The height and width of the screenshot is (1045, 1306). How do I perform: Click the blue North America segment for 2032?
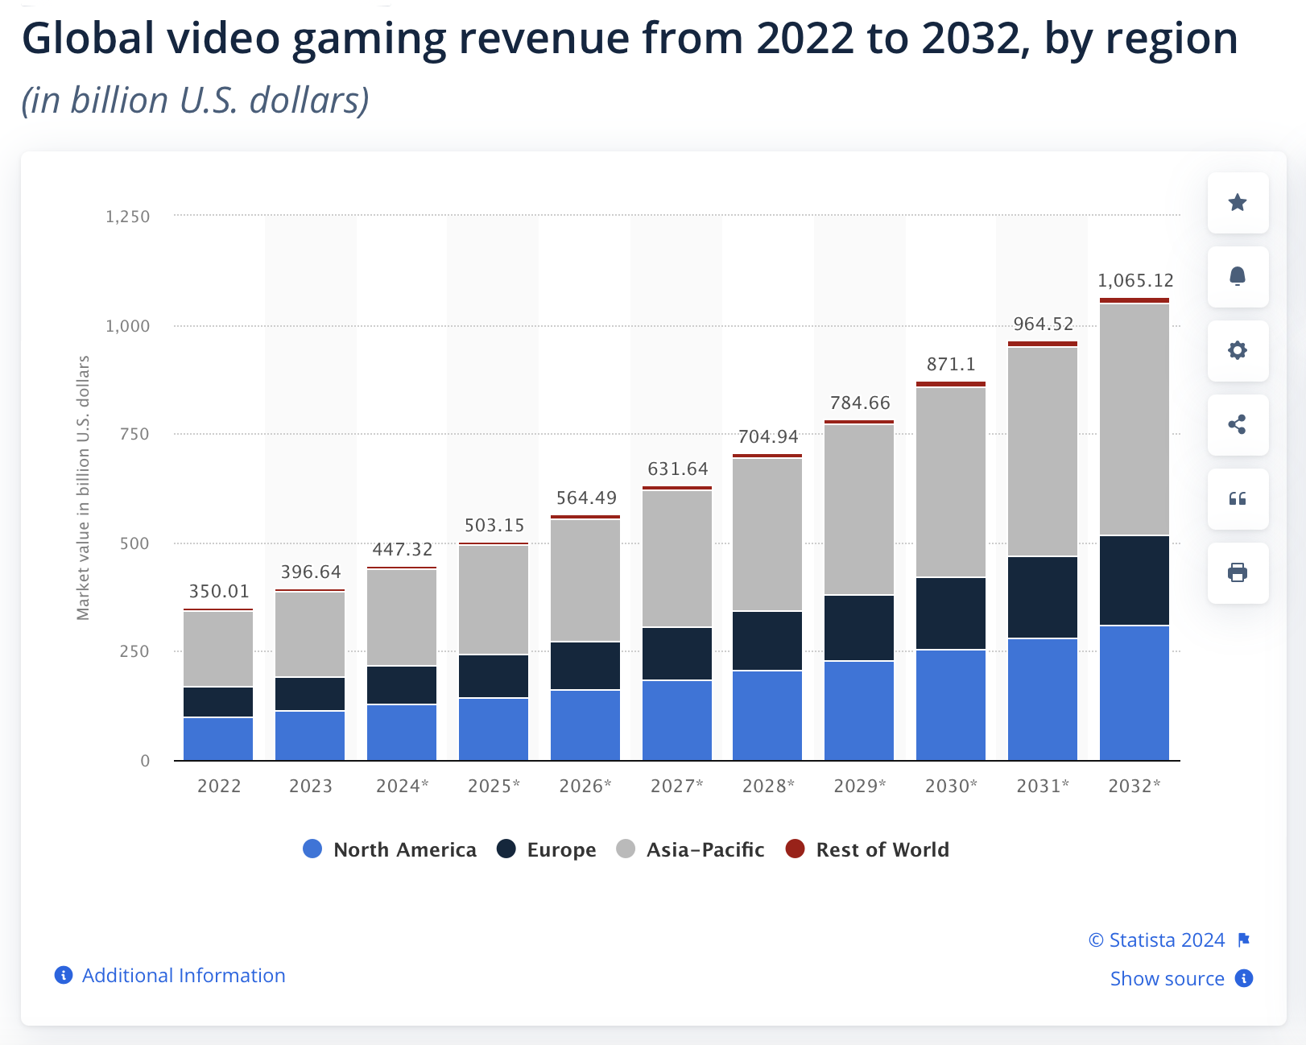click(x=1134, y=692)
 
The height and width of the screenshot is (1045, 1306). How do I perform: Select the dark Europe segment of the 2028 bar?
click(x=767, y=641)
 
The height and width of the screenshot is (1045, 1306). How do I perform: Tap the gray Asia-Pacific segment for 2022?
click(x=218, y=649)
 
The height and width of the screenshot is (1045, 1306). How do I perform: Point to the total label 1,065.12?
click(x=1135, y=281)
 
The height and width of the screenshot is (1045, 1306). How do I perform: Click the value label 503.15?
click(x=494, y=526)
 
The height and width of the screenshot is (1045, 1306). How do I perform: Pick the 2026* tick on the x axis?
click(x=585, y=786)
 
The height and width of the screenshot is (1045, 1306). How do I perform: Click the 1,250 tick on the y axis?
click(x=127, y=217)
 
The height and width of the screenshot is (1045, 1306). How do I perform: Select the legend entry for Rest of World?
click(x=867, y=849)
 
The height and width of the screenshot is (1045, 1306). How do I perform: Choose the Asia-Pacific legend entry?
click(x=690, y=849)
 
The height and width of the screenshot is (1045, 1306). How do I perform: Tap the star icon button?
click(x=1238, y=203)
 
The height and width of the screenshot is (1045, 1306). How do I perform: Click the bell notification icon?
click(x=1238, y=277)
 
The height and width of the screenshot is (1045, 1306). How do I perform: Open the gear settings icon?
click(x=1238, y=351)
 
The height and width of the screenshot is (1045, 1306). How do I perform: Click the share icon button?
click(x=1238, y=425)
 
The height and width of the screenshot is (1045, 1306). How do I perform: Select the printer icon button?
click(x=1238, y=573)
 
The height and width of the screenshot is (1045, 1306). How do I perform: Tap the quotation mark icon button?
click(x=1238, y=499)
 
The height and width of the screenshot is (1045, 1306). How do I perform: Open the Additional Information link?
click(x=183, y=976)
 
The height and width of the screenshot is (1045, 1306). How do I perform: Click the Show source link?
click(x=1167, y=979)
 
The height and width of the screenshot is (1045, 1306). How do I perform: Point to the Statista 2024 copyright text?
click(x=1157, y=940)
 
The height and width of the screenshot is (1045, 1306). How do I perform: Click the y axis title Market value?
click(x=83, y=488)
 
